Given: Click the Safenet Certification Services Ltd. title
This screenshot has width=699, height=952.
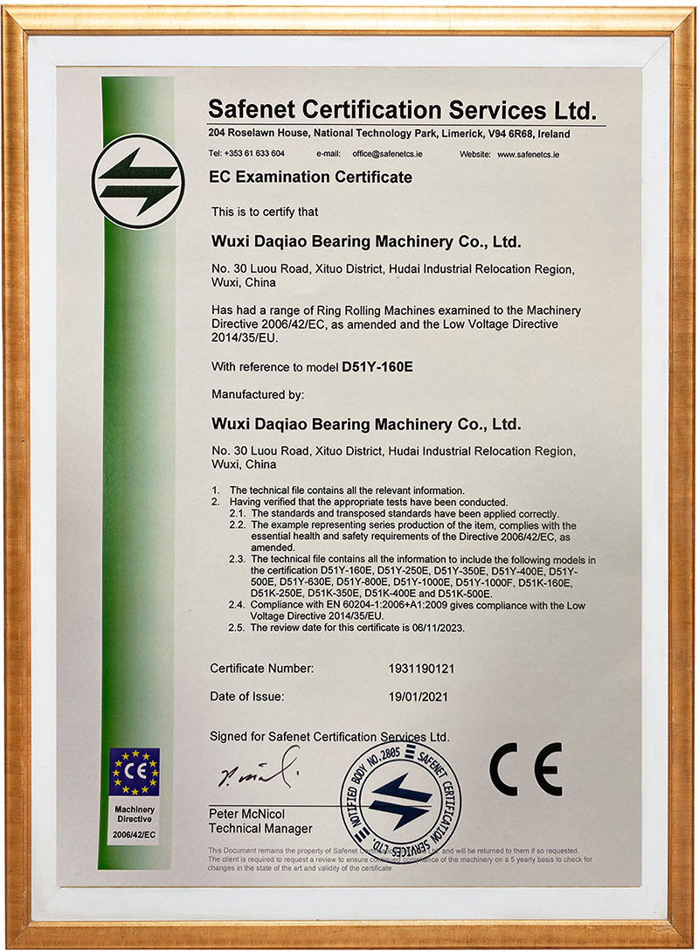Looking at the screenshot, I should [402, 110].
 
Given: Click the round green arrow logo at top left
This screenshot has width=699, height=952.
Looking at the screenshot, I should [138, 181].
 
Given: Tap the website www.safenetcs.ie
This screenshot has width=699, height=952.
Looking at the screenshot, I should [529, 154].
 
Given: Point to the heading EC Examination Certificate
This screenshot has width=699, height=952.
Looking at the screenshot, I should [310, 177].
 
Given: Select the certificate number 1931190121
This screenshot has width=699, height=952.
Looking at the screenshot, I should [422, 669].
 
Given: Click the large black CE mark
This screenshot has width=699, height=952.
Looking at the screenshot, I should [524, 768].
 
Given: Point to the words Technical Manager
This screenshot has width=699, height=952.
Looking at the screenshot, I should [260, 829].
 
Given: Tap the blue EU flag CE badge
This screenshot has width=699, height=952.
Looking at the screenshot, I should [134, 772].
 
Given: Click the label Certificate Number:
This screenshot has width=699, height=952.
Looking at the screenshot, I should [261, 669].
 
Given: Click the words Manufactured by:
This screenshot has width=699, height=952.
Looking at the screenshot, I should [258, 394].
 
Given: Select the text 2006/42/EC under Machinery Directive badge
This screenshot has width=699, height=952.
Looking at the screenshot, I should [134, 836].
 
